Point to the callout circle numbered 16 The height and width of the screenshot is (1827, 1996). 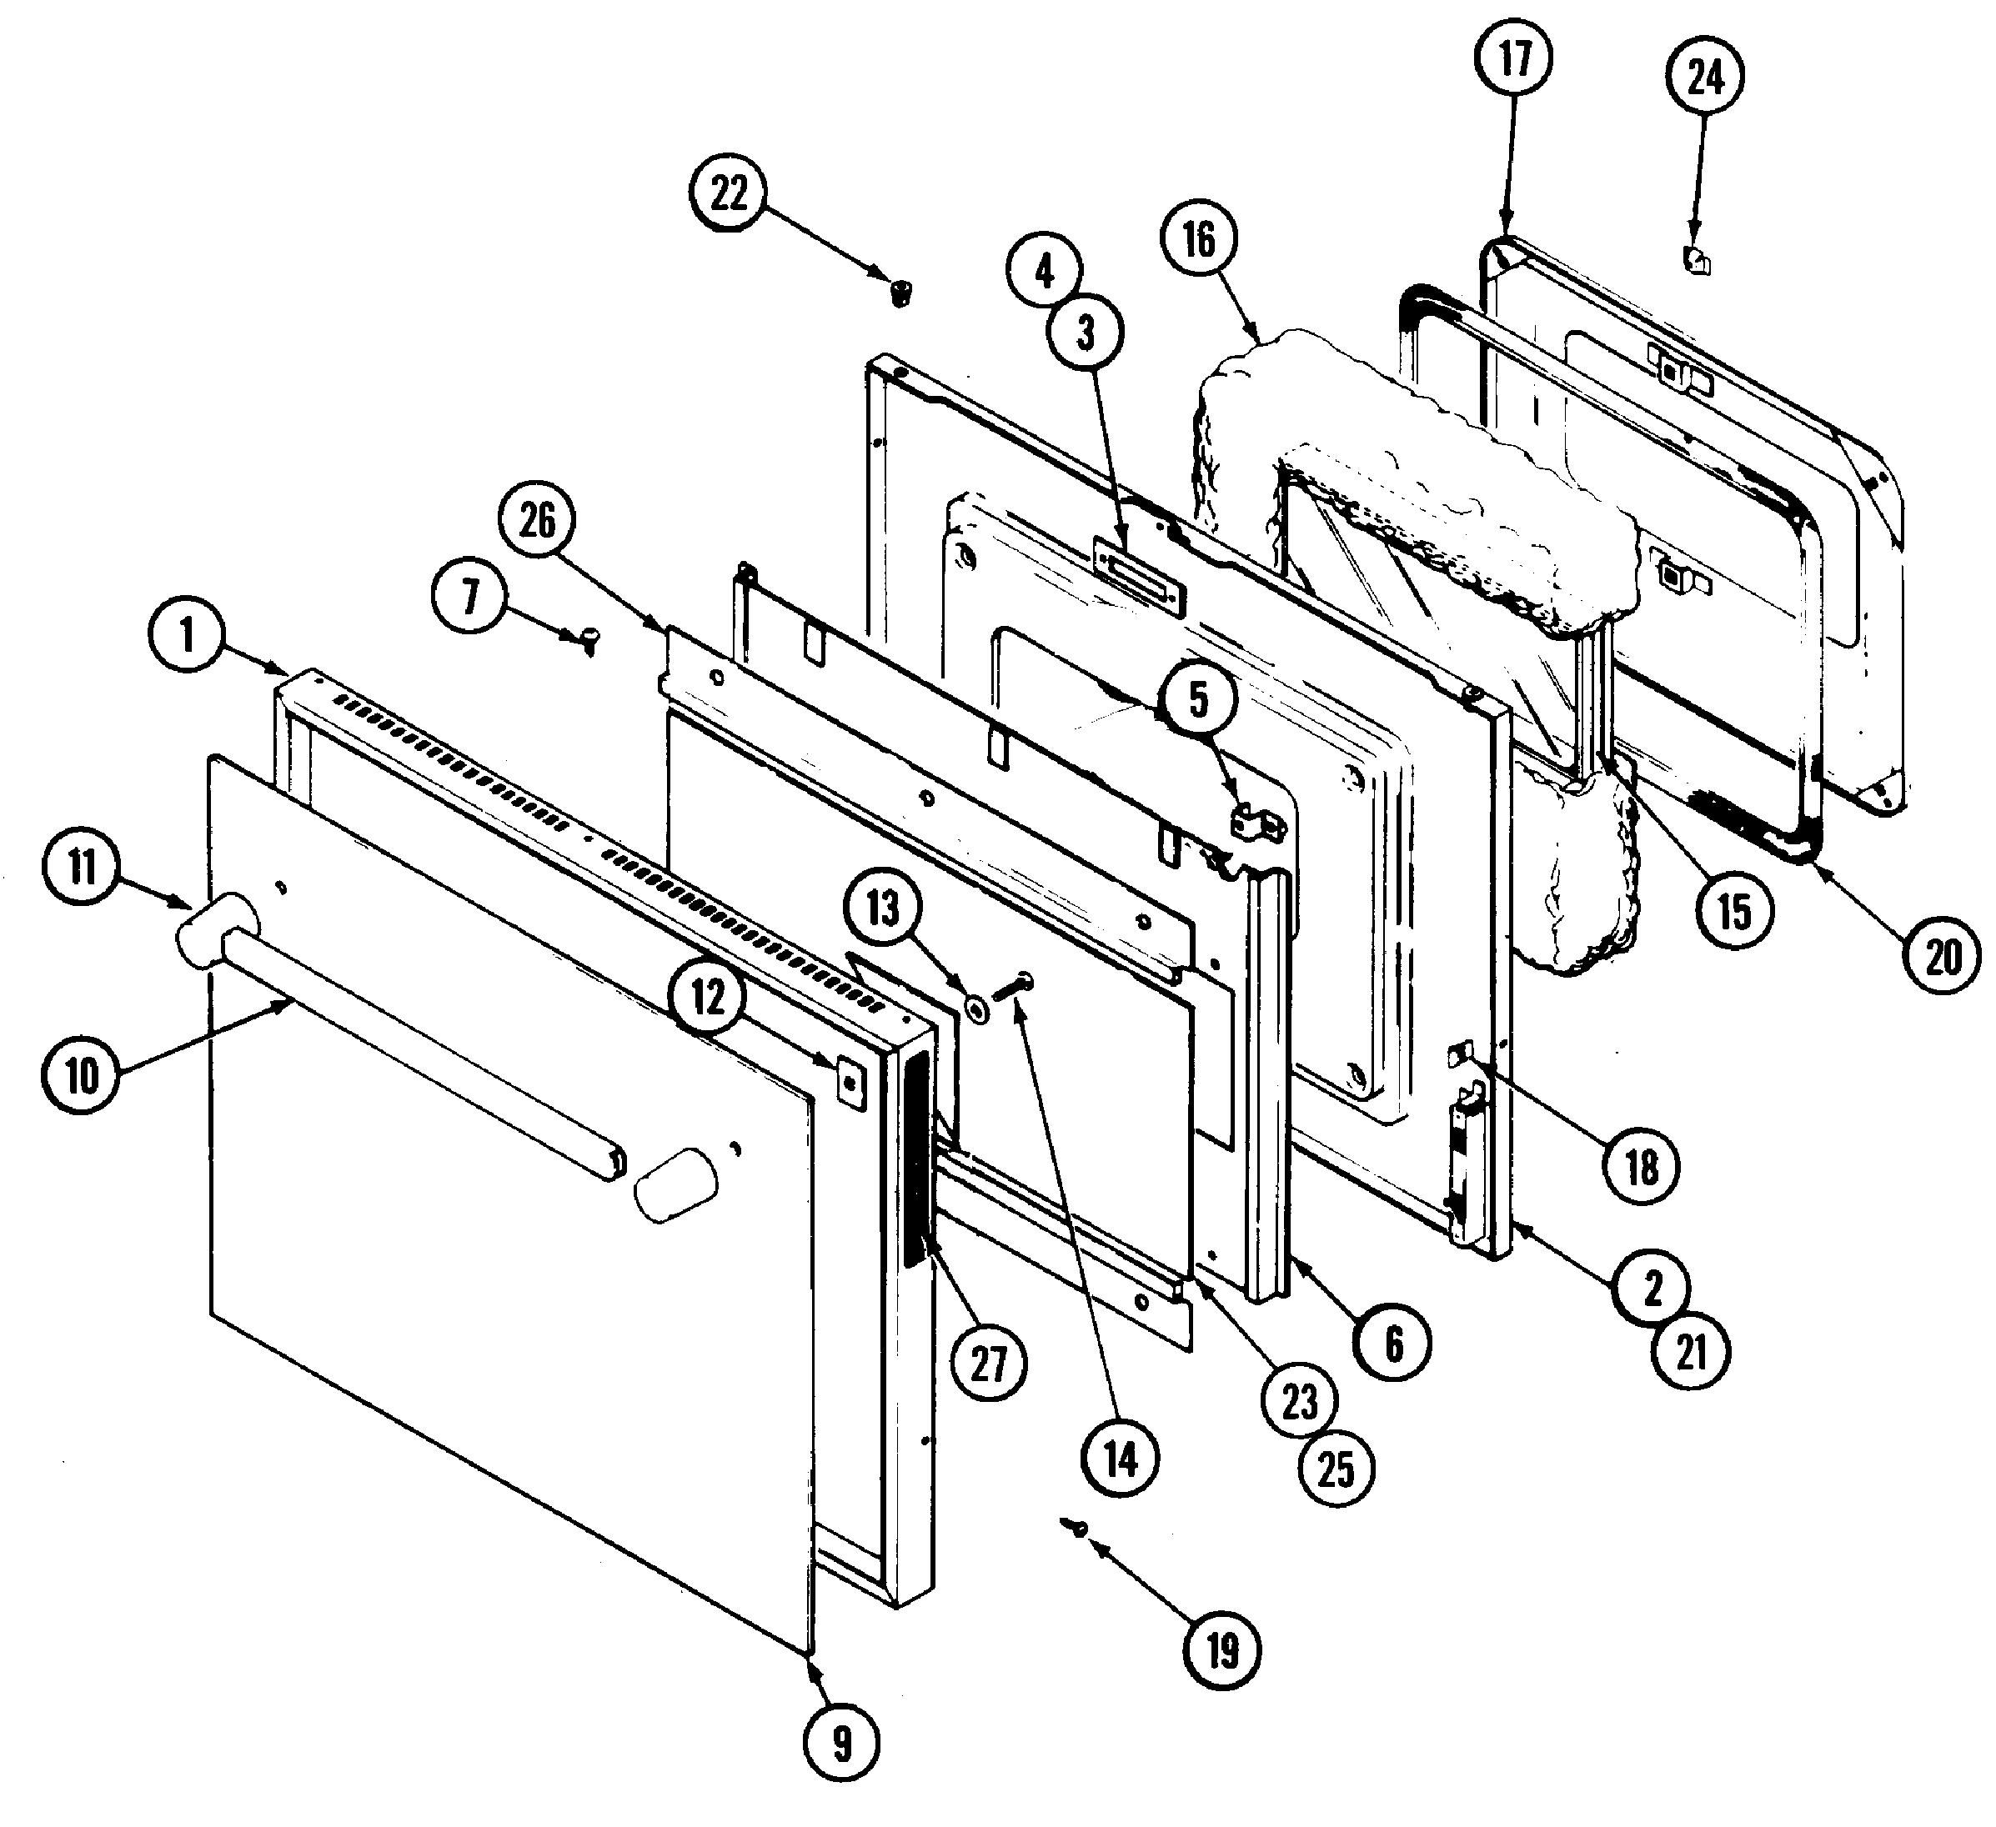click(1198, 238)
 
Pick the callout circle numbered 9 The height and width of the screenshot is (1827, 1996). click(841, 1744)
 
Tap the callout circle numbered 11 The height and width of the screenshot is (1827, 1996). click(83, 867)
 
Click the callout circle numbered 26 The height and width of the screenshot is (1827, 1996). click(537, 521)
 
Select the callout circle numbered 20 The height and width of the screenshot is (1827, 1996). click(1943, 956)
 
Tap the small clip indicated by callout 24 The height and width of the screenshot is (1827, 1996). click(1697, 263)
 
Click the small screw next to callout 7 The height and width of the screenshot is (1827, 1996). click(589, 639)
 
